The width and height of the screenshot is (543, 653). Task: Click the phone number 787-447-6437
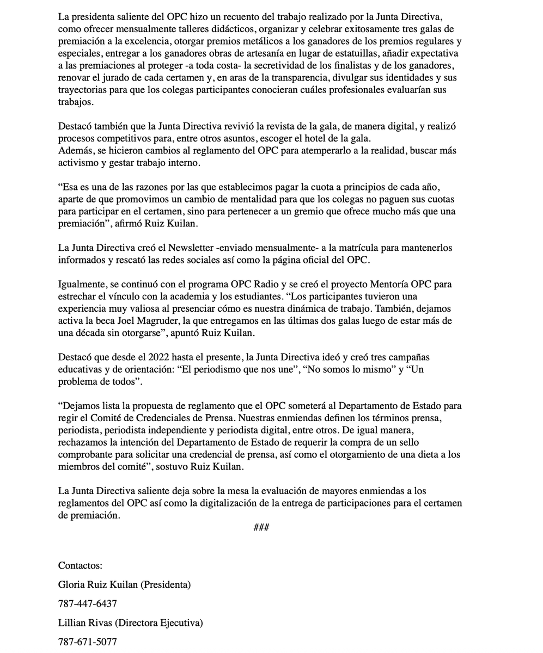pos(87,603)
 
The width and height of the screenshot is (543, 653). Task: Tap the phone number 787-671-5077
pos(87,642)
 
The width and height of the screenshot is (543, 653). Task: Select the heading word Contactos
pos(80,565)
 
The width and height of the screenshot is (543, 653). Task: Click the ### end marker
pos(261,527)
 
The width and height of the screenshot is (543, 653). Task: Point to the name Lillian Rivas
pos(84,623)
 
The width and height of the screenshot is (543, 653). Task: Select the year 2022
pos(156,357)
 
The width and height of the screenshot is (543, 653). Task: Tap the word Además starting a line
pos(75,150)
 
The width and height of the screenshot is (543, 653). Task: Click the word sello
pos(405,442)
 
